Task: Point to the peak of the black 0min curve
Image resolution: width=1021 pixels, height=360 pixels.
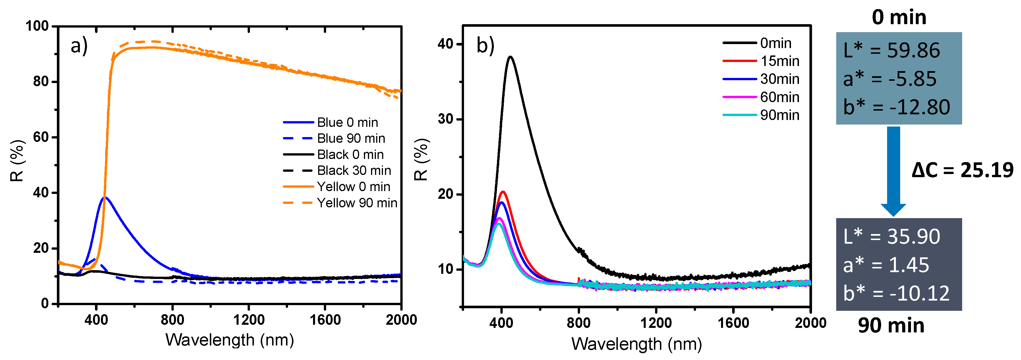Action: click(x=510, y=57)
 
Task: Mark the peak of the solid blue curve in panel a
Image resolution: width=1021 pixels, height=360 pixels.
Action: click(x=105, y=197)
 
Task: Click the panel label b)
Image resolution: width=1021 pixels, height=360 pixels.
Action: click(x=485, y=45)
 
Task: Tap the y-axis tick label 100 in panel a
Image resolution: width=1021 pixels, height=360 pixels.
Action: click(x=37, y=26)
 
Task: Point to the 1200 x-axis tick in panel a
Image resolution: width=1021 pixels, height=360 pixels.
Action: click(x=248, y=320)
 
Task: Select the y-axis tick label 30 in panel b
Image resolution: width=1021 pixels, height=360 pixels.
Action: click(x=446, y=119)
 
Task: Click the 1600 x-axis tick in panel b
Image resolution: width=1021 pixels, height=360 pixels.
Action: click(x=733, y=323)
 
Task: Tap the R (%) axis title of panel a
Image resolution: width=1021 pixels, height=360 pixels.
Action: click(x=17, y=161)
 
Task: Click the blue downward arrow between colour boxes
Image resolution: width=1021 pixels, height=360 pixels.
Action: click(x=893, y=171)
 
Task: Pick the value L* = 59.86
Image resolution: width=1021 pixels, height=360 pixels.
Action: click(x=891, y=50)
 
